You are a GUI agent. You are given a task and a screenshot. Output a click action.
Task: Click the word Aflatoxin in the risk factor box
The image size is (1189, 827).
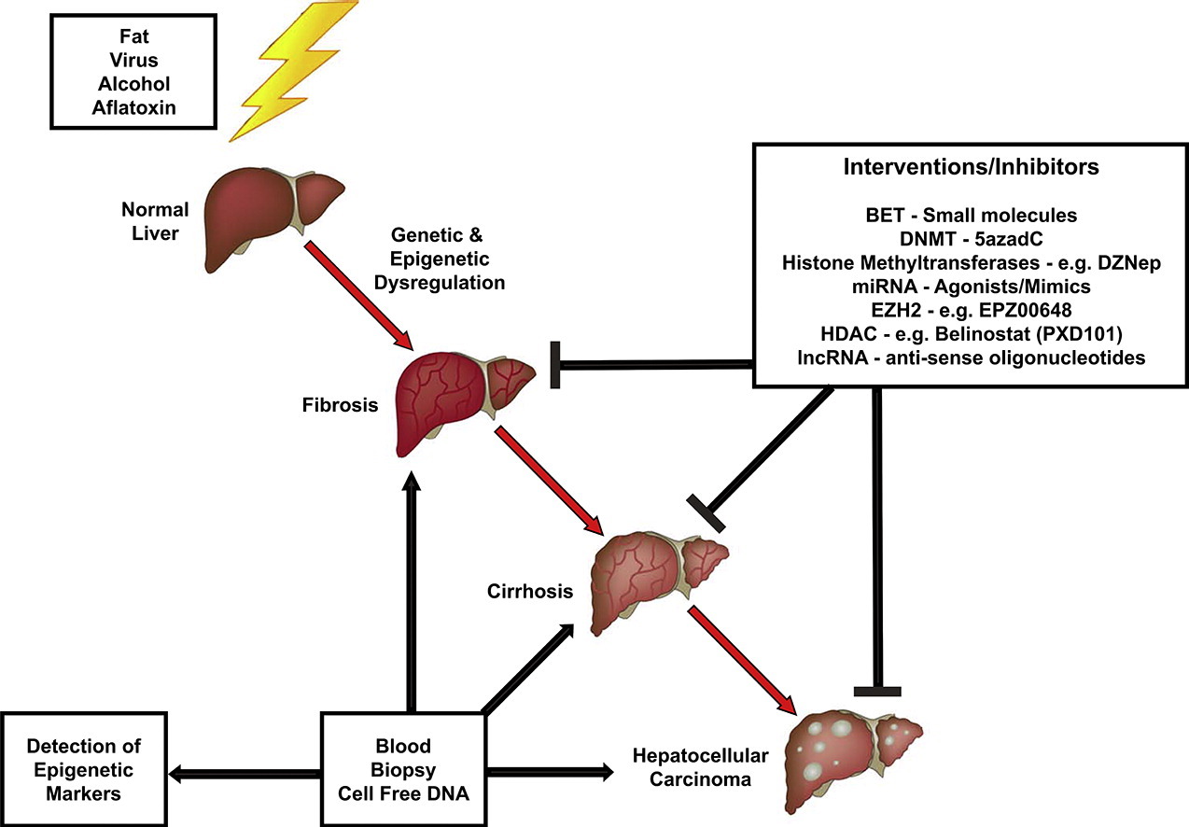[129, 108]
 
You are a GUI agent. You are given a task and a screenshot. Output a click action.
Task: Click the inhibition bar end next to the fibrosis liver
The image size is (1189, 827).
[557, 364]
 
